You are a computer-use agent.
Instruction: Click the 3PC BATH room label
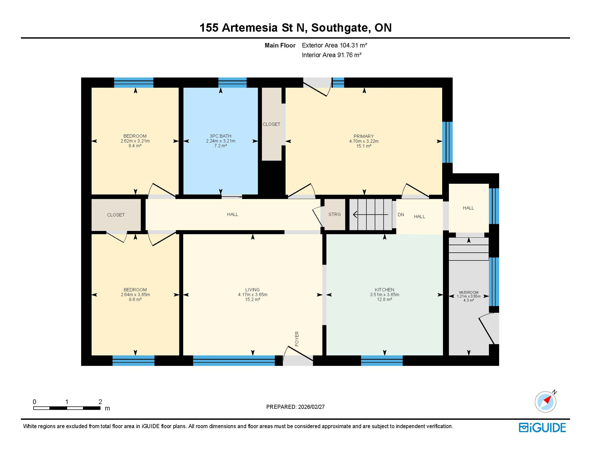click(220, 136)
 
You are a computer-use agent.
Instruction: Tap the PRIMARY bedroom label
click(364, 136)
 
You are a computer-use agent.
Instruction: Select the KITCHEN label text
click(384, 290)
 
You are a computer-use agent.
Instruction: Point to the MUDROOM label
click(469, 292)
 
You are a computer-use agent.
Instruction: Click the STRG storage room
click(334, 214)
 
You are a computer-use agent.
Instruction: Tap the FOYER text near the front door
click(297, 339)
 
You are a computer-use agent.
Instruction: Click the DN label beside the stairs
click(401, 215)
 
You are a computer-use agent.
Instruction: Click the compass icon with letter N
click(545, 402)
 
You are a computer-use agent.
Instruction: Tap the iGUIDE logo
click(542, 427)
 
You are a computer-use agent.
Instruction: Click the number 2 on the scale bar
click(100, 402)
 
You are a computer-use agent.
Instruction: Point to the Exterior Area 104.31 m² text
click(334, 45)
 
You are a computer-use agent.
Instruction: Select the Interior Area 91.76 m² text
click(331, 55)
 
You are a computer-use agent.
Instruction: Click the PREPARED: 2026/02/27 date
click(295, 407)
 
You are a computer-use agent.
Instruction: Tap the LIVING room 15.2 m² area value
click(252, 300)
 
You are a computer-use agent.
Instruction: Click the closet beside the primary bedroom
click(271, 124)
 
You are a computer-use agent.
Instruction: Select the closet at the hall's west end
click(116, 215)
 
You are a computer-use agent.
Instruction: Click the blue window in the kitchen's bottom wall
click(381, 360)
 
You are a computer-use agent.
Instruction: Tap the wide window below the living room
click(234, 360)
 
